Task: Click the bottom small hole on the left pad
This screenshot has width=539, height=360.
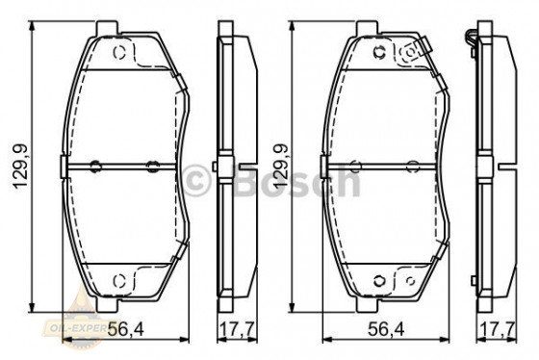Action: (x=119, y=280)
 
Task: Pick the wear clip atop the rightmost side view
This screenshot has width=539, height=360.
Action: (x=472, y=39)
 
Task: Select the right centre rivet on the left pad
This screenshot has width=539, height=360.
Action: (x=149, y=165)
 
